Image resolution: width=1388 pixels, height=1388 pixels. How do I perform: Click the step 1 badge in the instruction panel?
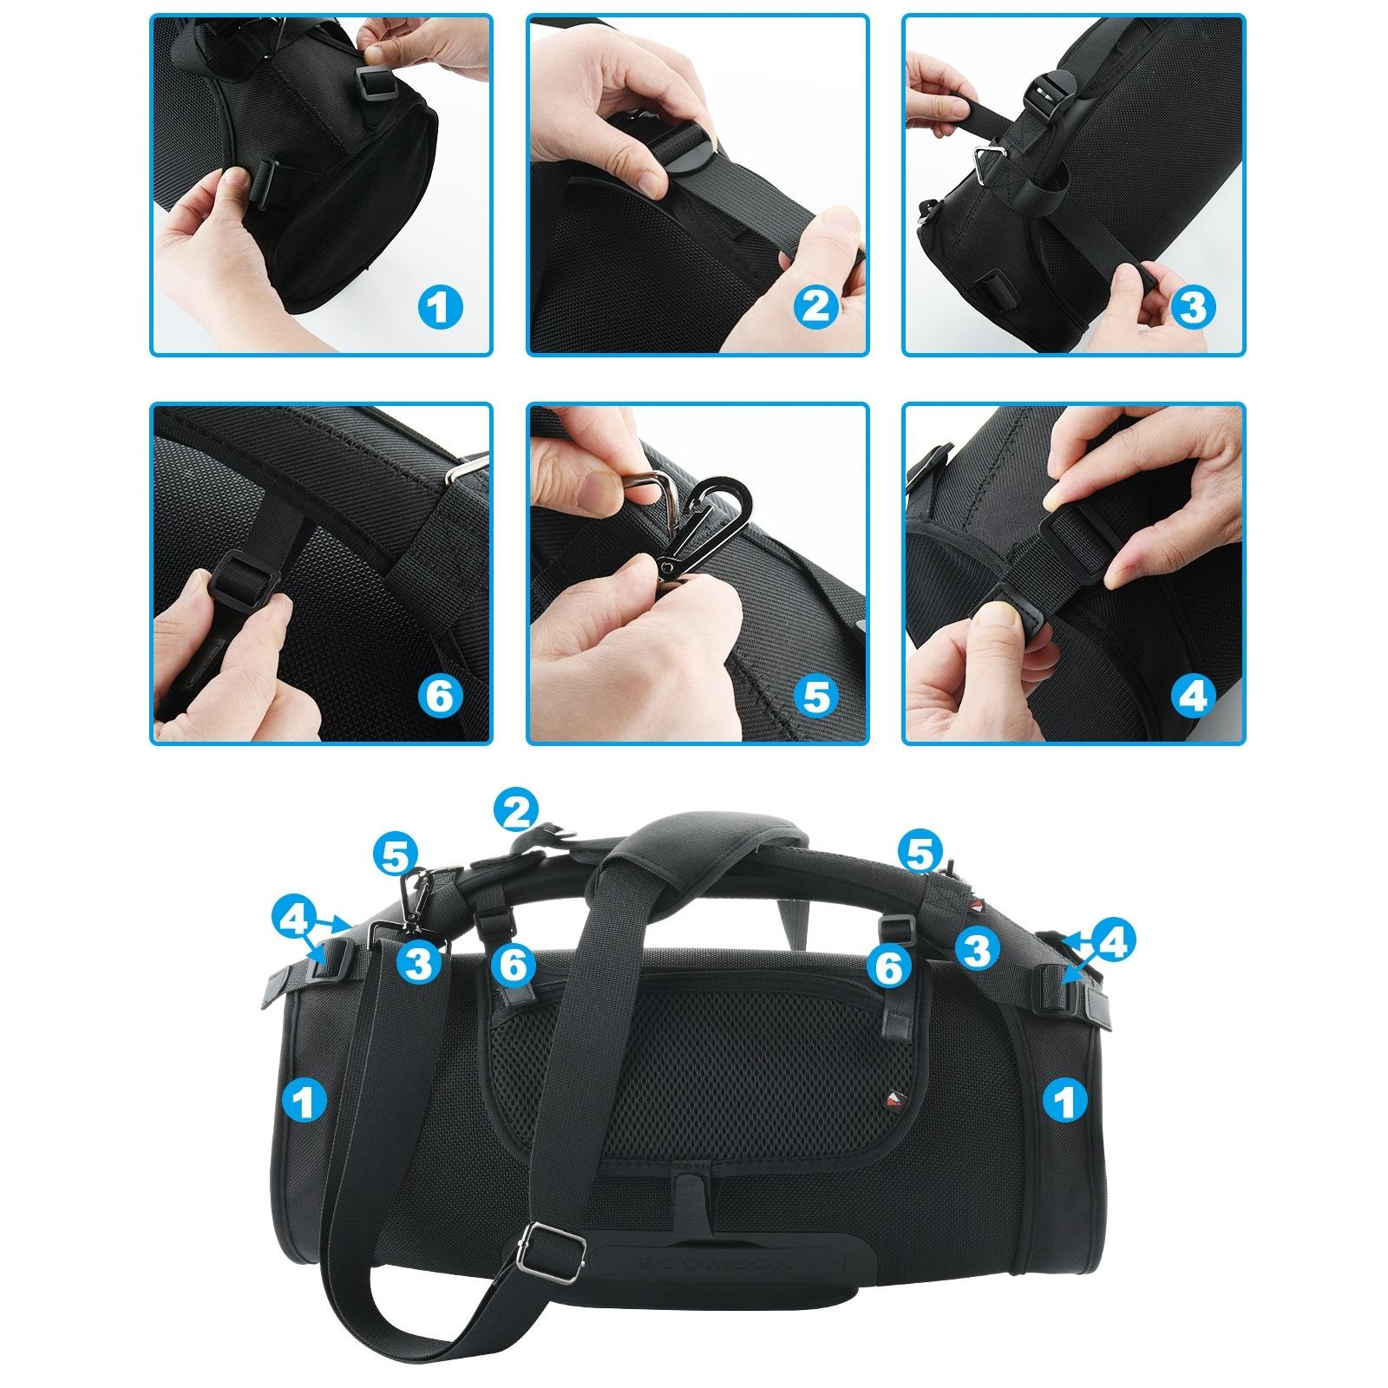coord(440,308)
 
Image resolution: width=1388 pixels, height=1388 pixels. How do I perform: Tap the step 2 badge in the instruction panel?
coord(816,308)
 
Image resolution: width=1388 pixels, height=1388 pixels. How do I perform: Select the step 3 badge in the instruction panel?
coord(1193,308)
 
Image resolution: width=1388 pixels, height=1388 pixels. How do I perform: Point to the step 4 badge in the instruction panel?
coord(1193,697)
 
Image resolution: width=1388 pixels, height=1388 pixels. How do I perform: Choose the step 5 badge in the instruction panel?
coord(816,697)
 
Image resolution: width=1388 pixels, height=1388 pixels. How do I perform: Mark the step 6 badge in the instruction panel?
coord(440,697)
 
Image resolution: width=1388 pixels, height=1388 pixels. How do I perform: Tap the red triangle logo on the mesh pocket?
coord(893,1098)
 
